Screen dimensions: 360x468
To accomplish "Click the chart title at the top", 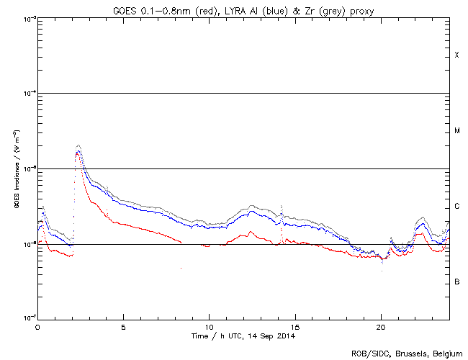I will pos(243,9).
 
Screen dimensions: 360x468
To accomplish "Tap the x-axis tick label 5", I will pos(123,326).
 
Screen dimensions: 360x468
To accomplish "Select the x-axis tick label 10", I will pos(209,326).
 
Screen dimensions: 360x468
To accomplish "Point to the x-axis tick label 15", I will pos(294,326).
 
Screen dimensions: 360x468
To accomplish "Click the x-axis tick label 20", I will pos(380,326).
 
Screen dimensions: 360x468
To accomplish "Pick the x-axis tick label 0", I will pos(37,326).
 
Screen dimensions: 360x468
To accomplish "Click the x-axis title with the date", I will pos(243,336).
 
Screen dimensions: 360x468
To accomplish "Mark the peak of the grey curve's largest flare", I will pos(78,145).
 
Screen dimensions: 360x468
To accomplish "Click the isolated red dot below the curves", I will pos(181,268).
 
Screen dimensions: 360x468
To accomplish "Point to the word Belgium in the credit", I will pos(444,353).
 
